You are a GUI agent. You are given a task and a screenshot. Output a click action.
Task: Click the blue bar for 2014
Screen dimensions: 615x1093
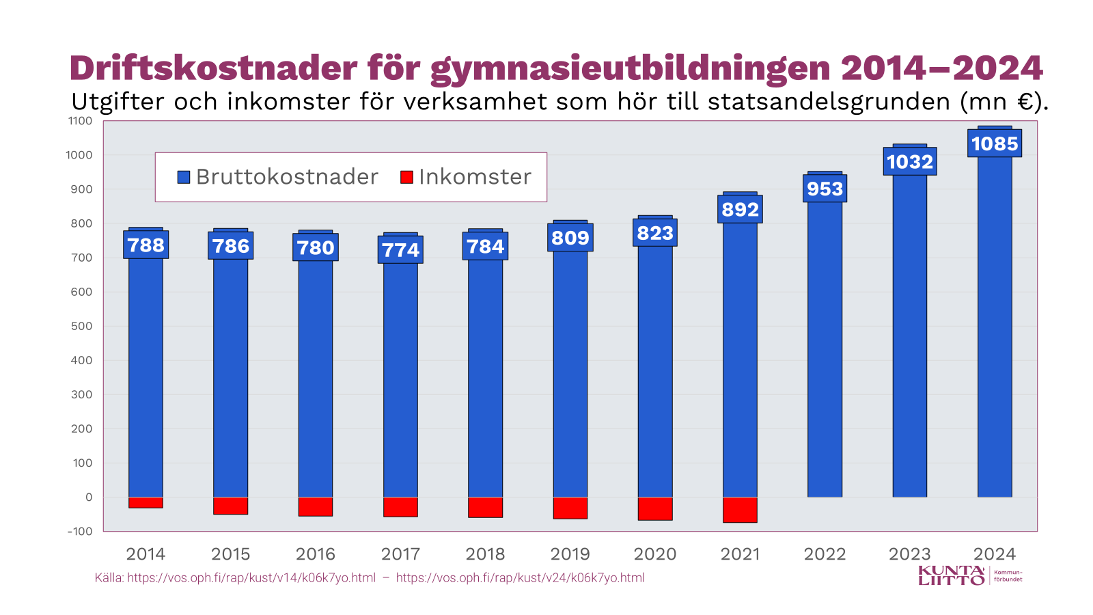point(146,376)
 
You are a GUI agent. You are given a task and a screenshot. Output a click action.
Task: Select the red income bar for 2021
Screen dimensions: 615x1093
point(740,510)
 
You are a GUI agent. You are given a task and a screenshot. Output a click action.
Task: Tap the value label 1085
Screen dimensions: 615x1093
point(995,143)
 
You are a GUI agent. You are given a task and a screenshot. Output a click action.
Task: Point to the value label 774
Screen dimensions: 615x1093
point(400,250)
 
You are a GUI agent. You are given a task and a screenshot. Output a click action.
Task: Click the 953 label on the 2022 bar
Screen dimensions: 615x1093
point(825,189)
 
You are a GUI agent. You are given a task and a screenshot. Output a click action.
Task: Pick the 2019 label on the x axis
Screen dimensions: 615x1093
point(570,554)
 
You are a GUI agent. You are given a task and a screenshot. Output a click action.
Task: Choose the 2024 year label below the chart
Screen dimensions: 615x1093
point(995,554)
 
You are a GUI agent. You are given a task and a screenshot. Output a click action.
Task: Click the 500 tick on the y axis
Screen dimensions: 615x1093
point(81,326)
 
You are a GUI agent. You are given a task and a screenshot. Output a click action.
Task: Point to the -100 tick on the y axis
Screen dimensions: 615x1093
point(80,531)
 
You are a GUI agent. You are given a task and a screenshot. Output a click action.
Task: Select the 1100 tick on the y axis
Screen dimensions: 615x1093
point(80,121)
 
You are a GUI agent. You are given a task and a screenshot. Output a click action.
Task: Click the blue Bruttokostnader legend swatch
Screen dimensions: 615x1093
point(184,177)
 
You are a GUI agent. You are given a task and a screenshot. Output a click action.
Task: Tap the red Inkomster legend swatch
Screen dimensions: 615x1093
point(406,177)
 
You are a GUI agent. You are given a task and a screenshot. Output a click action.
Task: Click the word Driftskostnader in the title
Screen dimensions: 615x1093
point(213,68)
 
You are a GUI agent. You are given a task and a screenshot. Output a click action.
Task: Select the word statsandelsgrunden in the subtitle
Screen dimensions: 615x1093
point(829,102)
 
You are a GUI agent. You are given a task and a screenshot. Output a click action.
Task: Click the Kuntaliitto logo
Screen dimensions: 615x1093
point(952,575)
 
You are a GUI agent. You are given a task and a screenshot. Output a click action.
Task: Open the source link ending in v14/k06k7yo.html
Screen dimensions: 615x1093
point(251,578)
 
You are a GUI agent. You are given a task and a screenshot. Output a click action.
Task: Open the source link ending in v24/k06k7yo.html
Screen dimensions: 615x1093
point(520,578)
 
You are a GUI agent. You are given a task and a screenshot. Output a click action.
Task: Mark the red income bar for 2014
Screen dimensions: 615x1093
point(146,502)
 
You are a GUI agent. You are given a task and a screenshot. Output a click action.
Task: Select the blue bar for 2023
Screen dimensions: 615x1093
point(910,342)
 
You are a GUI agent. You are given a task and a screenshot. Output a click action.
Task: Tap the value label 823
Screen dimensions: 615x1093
point(655,233)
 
